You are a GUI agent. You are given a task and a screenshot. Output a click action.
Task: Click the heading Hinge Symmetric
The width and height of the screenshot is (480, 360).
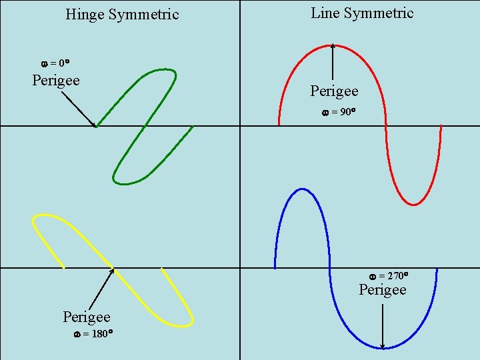click(x=122, y=14)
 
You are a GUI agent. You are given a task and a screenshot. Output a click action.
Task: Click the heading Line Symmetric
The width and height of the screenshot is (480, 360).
click(x=362, y=13)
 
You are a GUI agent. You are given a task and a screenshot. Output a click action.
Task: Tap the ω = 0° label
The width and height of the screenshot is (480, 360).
click(x=56, y=63)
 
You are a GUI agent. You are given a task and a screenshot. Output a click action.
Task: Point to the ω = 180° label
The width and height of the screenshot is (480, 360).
click(x=92, y=333)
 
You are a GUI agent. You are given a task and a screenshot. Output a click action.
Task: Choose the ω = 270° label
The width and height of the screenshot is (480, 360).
click(x=389, y=275)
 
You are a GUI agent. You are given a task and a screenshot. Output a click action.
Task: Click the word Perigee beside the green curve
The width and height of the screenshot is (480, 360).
click(x=56, y=81)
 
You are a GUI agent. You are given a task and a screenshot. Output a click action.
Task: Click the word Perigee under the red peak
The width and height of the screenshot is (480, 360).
click(x=334, y=91)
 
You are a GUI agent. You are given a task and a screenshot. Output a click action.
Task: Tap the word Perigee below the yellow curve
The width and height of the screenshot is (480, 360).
click(x=86, y=316)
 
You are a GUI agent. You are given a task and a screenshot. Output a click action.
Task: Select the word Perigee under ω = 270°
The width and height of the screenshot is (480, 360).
click(x=383, y=290)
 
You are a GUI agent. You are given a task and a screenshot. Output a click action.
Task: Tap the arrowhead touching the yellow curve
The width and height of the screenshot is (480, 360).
click(x=111, y=271)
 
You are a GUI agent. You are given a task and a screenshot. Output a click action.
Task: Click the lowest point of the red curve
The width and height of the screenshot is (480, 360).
click(x=413, y=204)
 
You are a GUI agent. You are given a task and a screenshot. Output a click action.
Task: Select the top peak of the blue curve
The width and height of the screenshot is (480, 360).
click(x=302, y=189)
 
